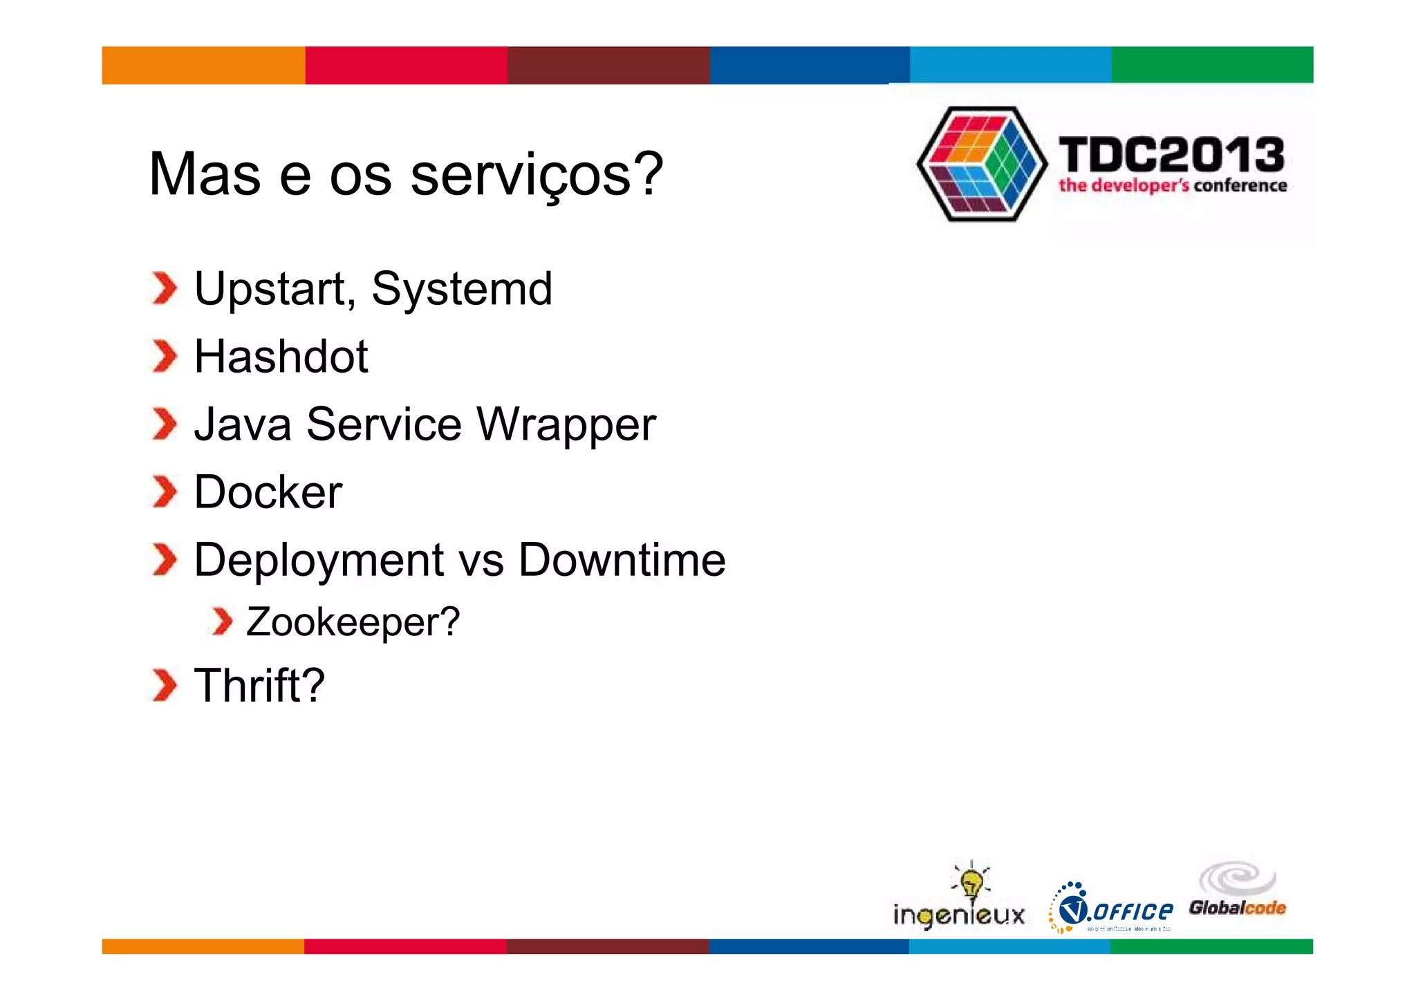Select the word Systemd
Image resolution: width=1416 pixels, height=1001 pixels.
tap(462, 288)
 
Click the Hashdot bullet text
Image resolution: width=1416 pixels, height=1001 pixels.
tap(281, 357)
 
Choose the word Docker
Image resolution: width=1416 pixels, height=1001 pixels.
tap(268, 492)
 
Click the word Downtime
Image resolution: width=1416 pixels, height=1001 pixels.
tap(622, 559)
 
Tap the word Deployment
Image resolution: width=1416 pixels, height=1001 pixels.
tap(319, 561)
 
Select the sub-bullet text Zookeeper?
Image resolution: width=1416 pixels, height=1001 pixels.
tap(353, 622)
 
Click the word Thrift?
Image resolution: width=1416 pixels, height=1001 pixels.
tap(259, 686)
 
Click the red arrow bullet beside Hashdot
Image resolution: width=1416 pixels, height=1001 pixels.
tap(165, 357)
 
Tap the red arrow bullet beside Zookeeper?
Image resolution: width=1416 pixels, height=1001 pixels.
tap(222, 622)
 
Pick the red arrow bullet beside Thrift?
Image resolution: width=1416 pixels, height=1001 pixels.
tap(165, 686)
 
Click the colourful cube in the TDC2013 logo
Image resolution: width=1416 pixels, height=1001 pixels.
tap(981, 164)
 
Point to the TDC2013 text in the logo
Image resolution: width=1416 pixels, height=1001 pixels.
tap(1171, 155)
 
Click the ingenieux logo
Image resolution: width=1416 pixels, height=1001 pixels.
tap(959, 899)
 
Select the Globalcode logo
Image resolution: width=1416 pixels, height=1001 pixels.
tap(1238, 892)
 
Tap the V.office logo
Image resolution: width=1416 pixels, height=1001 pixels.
tap(1111, 908)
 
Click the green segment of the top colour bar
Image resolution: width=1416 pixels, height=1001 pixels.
tap(1212, 65)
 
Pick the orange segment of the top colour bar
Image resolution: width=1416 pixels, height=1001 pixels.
tap(203, 65)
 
